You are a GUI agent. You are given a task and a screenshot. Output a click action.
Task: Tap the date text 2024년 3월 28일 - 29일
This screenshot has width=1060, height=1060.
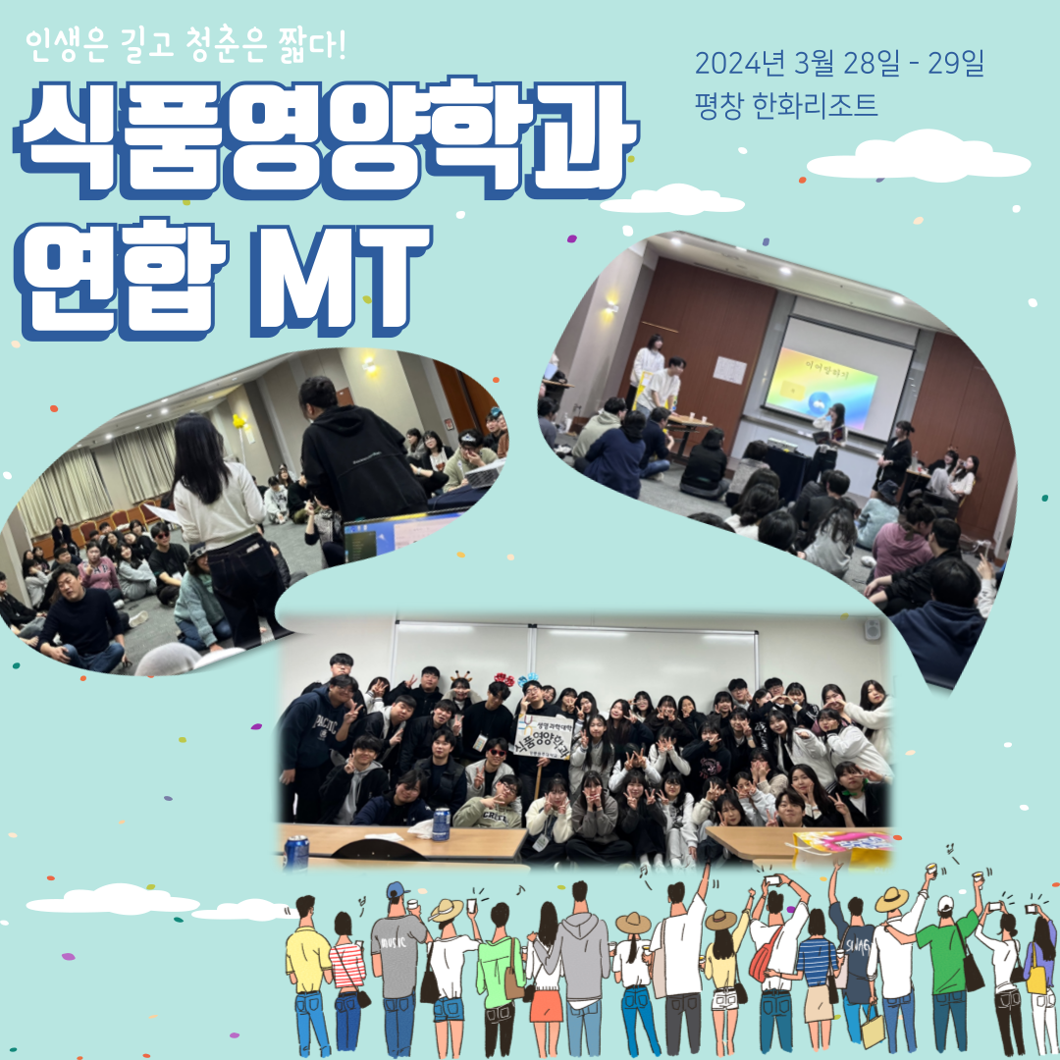[839, 65]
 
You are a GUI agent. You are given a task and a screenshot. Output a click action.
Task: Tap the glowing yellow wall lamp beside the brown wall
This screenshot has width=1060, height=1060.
[609, 306]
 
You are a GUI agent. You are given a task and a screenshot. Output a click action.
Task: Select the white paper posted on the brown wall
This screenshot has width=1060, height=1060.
[730, 369]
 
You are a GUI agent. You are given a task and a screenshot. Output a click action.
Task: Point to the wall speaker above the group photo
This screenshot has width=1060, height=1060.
[873, 629]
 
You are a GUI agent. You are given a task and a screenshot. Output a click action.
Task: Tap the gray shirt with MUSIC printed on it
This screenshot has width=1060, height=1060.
[398, 952]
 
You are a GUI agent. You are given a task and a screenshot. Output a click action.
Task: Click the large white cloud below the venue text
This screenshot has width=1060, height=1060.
[918, 160]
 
